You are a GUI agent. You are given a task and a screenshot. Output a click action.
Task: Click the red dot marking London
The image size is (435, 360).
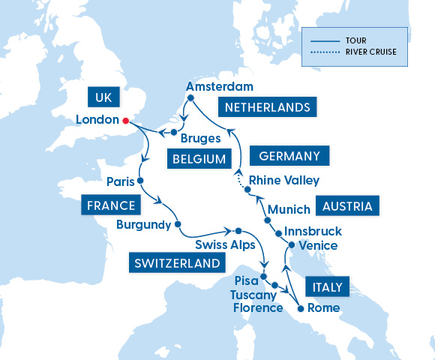(126, 120)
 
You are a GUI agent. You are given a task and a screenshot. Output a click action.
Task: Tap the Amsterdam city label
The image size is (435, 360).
(219, 86)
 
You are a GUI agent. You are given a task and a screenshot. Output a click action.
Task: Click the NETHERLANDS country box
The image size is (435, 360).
(267, 107)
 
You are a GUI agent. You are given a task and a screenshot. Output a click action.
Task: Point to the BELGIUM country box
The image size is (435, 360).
(199, 159)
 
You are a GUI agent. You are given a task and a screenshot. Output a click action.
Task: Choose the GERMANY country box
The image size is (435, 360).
(289, 156)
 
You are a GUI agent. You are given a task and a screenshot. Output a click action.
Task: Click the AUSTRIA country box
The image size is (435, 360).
(347, 205)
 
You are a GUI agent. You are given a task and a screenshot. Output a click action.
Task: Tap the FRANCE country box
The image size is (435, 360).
(110, 205)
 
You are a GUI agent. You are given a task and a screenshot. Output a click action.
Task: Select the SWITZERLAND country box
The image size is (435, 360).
(178, 262)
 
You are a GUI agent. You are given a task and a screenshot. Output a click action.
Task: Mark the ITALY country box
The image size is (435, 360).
(326, 286)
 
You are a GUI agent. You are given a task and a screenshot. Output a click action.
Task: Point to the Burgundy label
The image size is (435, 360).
(143, 223)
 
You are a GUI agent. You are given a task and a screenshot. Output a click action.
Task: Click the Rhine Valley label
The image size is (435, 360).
(283, 180)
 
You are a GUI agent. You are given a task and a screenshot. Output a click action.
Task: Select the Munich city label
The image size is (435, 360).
(288, 208)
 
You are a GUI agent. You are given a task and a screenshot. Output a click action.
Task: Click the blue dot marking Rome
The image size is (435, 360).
(300, 308)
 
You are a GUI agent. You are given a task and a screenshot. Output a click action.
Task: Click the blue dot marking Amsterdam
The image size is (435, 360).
(190, 97)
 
